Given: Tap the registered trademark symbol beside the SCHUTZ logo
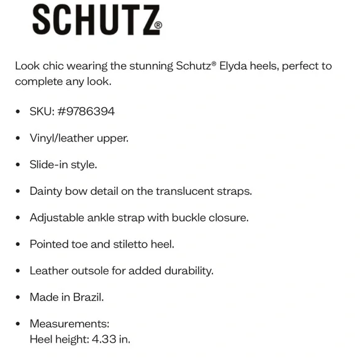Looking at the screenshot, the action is click(x=158, y=26).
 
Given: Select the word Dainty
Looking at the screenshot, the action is click(x=47, y=191).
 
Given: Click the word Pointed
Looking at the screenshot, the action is click(x=50, y=244).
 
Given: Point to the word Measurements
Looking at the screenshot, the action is click(x=69, y=323).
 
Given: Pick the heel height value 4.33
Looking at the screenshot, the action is click(x=106, y=340).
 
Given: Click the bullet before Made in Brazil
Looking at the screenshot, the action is click(x=18, y=297).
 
